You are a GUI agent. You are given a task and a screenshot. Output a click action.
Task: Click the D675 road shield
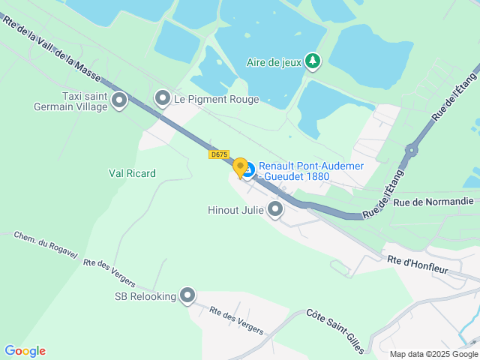click(219, 154)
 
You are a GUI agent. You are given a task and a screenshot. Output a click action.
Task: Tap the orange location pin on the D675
click(240, 167)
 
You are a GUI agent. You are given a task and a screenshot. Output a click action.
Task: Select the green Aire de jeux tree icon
click(313, 62)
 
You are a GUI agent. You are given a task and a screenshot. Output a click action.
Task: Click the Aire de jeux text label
click(273, 62)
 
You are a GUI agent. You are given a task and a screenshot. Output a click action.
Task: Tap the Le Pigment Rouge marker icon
click(162, 98)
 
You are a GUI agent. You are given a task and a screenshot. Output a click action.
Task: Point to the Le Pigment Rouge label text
click(216, 99)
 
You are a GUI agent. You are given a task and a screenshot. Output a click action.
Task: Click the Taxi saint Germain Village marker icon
click(118, 100)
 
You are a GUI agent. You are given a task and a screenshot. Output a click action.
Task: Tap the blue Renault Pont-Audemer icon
click(248, 172)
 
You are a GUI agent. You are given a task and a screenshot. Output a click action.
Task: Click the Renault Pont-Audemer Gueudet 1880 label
click(311, 171)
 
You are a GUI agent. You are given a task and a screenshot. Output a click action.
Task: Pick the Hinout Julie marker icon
click(275, 210)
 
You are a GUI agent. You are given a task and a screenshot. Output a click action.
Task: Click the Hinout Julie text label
click(235, 210)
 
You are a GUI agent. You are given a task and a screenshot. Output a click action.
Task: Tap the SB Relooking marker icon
click(187, 296)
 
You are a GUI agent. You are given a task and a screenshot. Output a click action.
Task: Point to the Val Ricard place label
click(132, 173)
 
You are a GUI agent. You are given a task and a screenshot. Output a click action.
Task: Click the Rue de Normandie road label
click(433, 202)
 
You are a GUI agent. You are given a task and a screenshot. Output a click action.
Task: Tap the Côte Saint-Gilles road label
click(335, 330)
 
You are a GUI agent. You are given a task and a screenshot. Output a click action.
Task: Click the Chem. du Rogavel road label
click(46, 245)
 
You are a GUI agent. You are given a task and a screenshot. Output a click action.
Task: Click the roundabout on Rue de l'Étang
click(411, 150)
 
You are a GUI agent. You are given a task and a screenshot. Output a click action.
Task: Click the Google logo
click(25, 350)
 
